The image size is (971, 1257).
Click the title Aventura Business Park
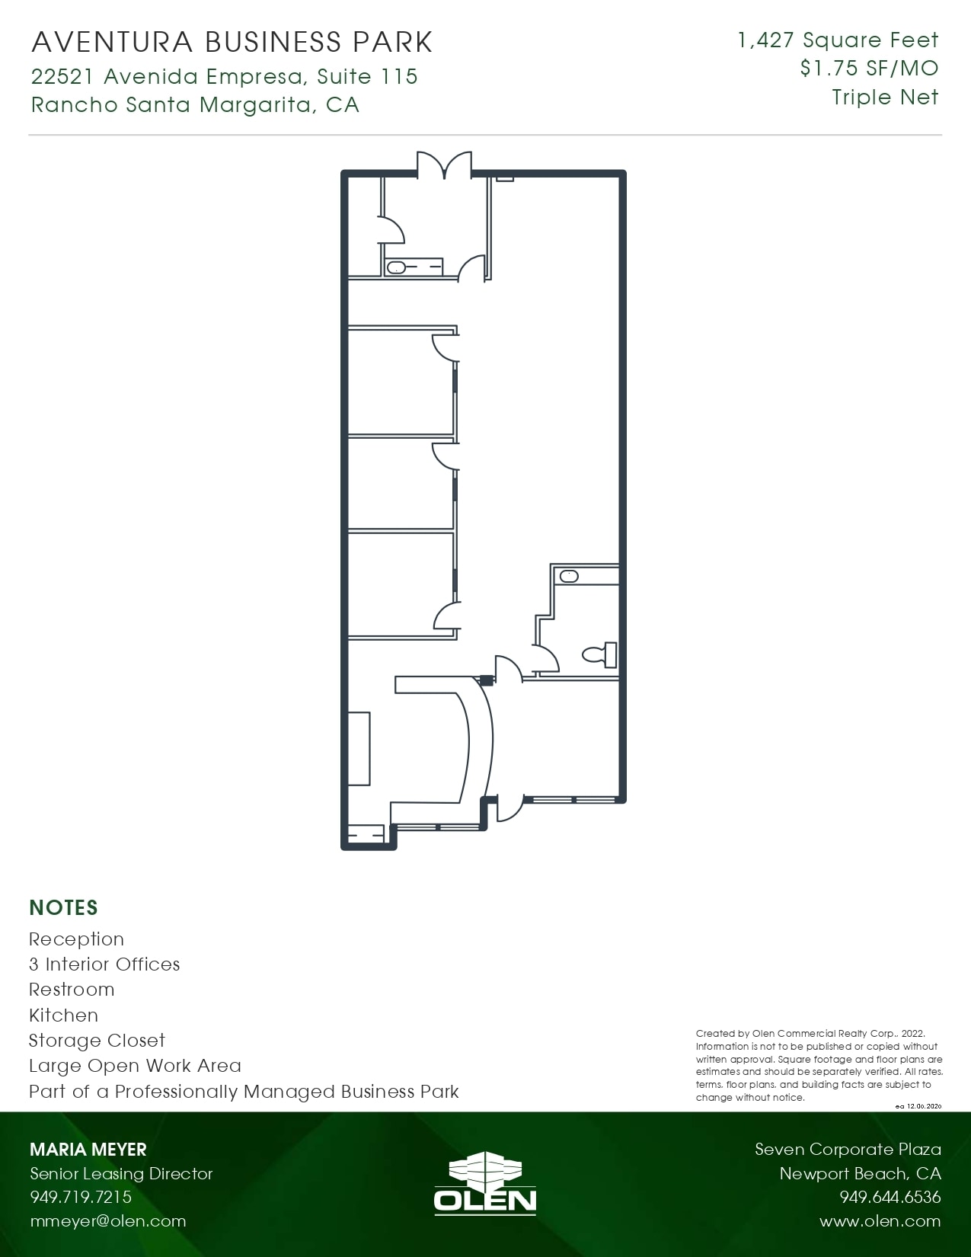click(232, 43)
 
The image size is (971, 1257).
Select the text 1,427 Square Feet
click(838, 40)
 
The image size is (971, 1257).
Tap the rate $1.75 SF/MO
click(869, 69)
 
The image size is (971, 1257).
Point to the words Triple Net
click(885, 98)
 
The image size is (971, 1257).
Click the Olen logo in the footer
click(485, 1182)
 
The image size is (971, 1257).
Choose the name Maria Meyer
click(88, 1150)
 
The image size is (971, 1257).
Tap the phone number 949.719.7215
click(81, 1197)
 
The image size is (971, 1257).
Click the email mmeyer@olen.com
click(107, 1221)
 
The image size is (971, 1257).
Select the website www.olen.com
click(880, 1221)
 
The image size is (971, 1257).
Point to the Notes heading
click(64, 908)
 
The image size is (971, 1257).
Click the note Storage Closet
click(97, 1041)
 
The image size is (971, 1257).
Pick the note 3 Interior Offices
click(104, 964)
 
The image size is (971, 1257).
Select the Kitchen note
click(63, 1016)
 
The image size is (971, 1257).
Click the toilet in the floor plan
click(600, 654)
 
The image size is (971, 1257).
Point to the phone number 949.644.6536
click(890, 1197)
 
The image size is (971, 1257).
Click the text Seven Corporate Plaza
click(848, 1150)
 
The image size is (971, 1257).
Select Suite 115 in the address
click(367, 77)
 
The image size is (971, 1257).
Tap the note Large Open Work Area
click(135, 1066)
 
